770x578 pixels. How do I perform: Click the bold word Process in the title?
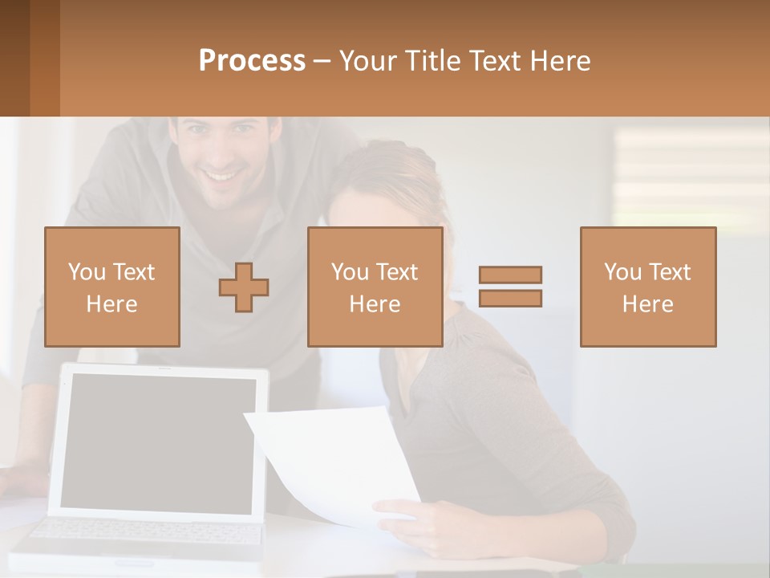click(x=252, y=61)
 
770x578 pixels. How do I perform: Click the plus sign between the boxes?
click(x=244, y=287)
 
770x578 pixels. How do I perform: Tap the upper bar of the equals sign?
click(x=510, y=275)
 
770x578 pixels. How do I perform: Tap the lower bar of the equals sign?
click(x=510, y=298)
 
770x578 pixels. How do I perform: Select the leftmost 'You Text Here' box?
click(x=111, y=287)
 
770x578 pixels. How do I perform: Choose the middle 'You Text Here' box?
click(x=375, y=287)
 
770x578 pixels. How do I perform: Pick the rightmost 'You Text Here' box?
click(x=647, y=287)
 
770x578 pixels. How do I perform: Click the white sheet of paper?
click(x=337, y=462)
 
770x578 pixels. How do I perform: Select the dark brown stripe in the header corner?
click(x=14, y=58)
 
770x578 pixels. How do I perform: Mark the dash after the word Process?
click(x=322, y=61)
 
